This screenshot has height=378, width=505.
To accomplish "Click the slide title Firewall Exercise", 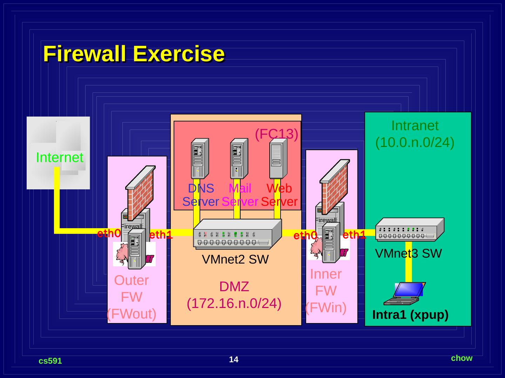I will tap(134, 54).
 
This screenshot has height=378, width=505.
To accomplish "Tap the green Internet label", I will tap(60, 157).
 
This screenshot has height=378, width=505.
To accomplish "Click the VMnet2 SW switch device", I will tap(237, 234).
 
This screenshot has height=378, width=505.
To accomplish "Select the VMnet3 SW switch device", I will tap(410, 229).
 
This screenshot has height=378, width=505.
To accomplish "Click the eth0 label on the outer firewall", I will tap(109, 233).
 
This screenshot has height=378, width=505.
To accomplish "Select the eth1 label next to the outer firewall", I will tap(161, 235).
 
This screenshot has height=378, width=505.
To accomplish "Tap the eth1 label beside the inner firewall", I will tap(354, 234).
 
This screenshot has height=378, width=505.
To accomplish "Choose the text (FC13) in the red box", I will tap(276, 134).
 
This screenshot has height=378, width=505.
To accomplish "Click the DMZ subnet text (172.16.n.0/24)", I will tap(234, 303).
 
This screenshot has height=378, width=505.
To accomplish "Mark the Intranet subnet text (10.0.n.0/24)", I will tap(415, 142).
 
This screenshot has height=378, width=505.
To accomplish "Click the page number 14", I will tap(234, 359).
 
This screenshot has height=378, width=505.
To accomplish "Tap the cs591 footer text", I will tap(50, 361).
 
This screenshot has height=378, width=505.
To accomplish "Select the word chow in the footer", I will tap(462, 358).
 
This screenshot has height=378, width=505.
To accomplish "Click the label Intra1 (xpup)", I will tap(410, 315).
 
